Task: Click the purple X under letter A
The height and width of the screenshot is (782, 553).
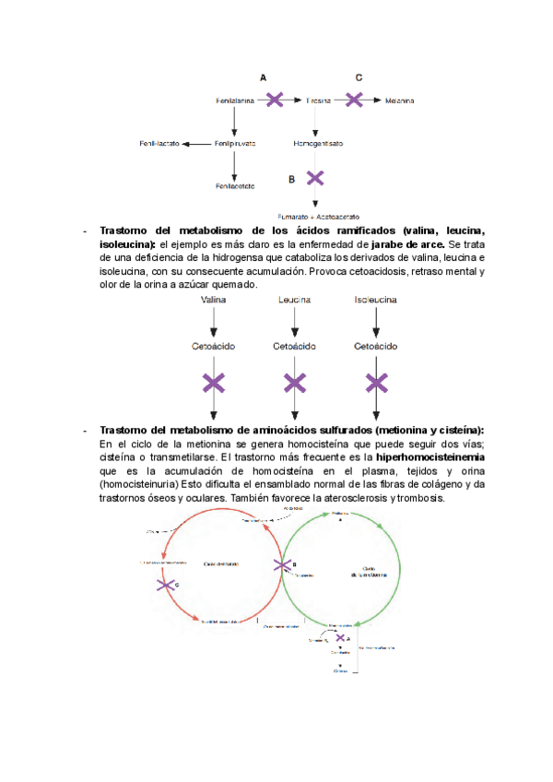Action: (274, 100)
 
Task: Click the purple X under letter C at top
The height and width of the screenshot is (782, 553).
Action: (354, 100)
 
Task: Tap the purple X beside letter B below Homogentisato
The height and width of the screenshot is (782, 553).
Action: (315, 178)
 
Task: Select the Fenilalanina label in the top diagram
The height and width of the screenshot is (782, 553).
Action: (234, 100)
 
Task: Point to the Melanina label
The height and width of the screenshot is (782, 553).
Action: (399, 100)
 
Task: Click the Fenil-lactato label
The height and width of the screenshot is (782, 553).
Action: (159, 144)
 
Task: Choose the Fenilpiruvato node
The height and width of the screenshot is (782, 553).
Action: (235, 144)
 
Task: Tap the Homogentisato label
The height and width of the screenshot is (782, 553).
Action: (317, 144)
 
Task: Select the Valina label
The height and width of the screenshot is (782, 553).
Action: (213, 300)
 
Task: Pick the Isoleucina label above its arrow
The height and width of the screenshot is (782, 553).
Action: (375, 300)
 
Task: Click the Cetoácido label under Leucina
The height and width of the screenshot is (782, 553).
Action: (294, 346)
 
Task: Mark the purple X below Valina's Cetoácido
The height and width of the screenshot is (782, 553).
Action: (213, 382)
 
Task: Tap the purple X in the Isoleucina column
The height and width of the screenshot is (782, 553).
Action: (375, 382)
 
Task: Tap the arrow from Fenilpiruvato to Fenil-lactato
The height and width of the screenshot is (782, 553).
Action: (195, 144)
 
